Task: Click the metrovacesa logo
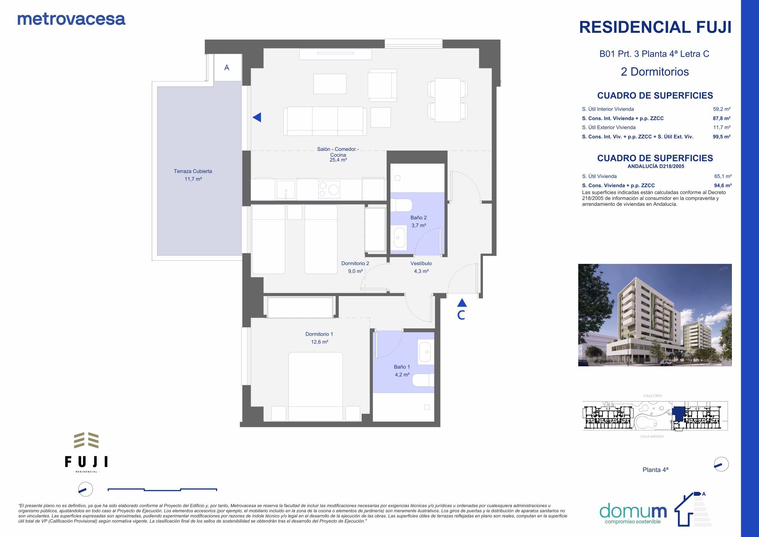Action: (x=71, y=19)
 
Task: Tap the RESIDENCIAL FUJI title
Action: (x=655, y=27)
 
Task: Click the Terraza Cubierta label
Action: (x=193, y=171)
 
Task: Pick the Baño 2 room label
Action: (x=418, y=218)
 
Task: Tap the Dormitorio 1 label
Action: (x=319, y=334)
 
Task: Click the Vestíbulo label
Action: (x=421, y=263)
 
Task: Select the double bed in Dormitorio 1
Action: (x=315, y=386)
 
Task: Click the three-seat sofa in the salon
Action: (x=325, y=121)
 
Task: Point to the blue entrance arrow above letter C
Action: (x=462, y=302)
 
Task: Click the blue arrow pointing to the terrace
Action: (x=257, y=117)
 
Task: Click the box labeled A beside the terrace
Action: (x=227, y=68)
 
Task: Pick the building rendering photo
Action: (x=654, y=315)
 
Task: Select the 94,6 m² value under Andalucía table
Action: (x=722, y=186)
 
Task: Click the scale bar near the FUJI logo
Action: (x=162, y=489)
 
